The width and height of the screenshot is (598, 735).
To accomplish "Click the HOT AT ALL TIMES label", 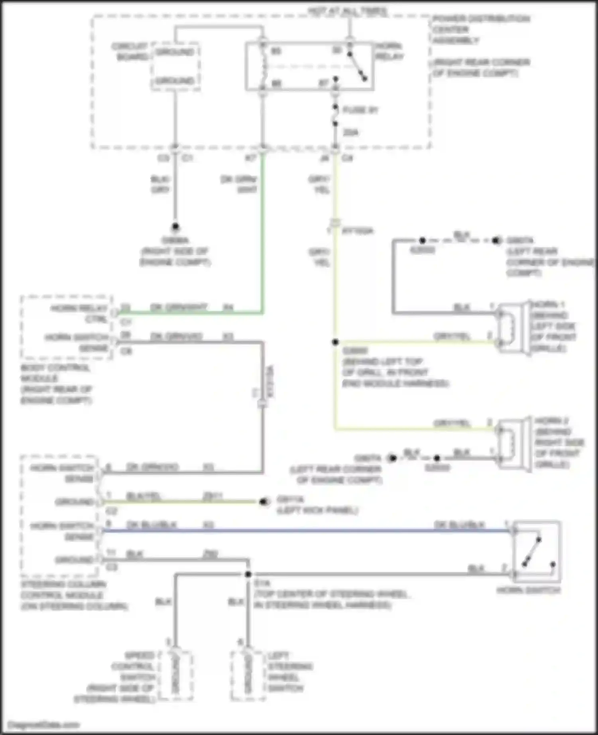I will click(348, 11).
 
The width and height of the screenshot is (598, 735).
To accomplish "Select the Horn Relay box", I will click(309, 66).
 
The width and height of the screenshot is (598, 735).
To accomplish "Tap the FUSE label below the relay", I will click(360, 110).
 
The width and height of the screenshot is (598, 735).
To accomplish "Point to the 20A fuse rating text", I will click(350, 132).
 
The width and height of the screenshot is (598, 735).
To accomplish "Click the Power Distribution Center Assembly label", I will click(481, 29).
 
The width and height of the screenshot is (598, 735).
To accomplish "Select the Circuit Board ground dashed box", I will click(175, 66).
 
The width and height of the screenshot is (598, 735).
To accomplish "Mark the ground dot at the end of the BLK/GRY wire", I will click(175, 227).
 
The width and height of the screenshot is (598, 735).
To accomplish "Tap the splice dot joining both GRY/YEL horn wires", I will click(335, 342).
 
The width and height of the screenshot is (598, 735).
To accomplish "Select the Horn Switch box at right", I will click(537, 552).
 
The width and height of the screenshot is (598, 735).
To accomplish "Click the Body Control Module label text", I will click(56, 383).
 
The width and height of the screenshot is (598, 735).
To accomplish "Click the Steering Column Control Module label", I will click(74, 595).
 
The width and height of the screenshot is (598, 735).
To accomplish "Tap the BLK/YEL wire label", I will click(143, 496).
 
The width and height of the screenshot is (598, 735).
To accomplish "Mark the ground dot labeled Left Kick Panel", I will click(263, 502).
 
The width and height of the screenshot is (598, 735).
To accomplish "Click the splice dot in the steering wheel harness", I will click(248, 574).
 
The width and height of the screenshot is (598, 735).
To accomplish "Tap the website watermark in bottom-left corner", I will click(44, 725).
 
